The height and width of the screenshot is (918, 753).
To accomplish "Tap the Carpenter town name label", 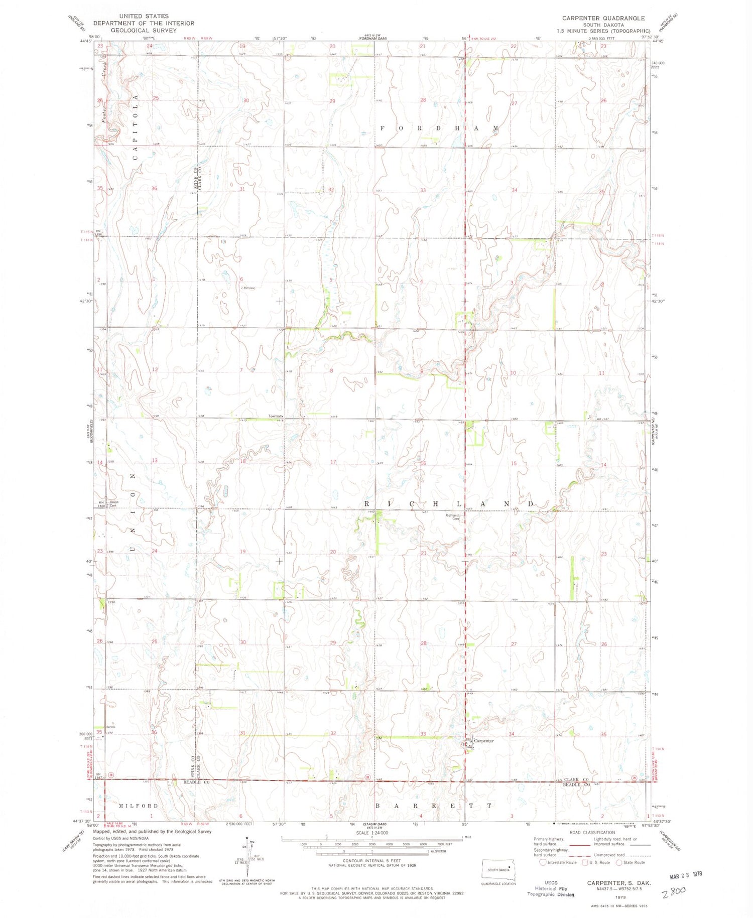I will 484,741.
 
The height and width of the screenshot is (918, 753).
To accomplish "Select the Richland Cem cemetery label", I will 453,517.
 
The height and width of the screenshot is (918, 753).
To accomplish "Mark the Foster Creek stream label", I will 104,113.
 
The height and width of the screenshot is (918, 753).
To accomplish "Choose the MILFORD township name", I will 139,806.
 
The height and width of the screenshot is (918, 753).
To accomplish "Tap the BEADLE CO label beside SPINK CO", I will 196,782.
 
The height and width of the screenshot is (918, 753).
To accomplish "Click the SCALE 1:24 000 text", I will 371,833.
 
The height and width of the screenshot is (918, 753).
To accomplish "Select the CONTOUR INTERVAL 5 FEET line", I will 371,861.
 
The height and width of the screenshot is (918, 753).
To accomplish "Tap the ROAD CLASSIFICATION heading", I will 592,833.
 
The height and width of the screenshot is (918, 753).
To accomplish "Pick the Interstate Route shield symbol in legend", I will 542,863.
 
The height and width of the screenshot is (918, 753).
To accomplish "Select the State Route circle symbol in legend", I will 619,863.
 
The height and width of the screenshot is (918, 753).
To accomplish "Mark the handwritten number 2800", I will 673,892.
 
